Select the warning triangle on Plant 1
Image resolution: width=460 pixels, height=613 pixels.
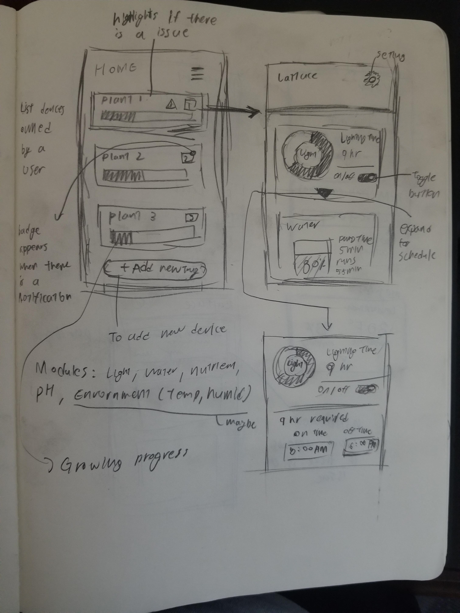click(171, 104)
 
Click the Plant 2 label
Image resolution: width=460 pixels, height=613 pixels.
click(123, 157)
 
